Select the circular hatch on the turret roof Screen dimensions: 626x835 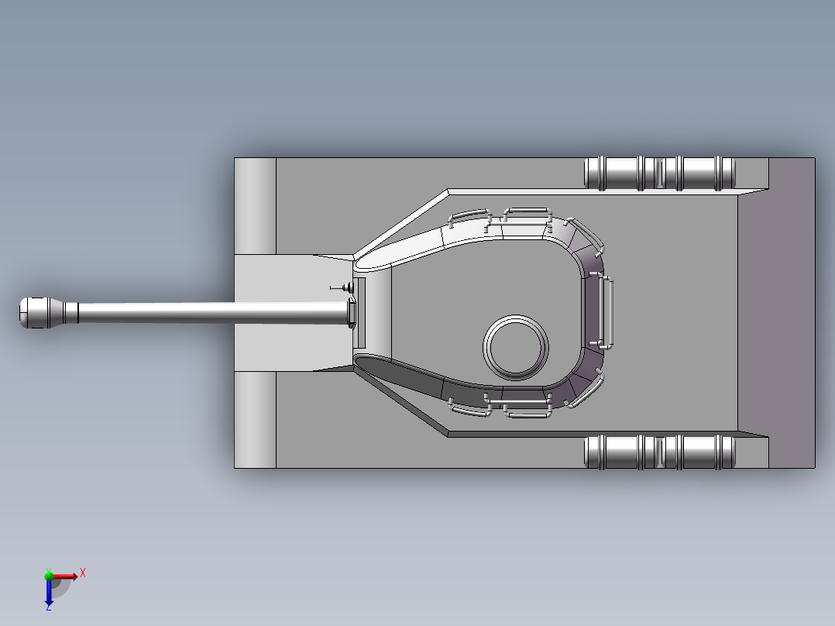point(515,346)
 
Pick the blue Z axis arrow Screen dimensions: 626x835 point(49,593)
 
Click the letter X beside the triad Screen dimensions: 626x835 point(83,573)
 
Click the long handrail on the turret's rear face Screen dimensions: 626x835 point(608,312)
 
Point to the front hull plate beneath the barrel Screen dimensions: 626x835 point(271,349)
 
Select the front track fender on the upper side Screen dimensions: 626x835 point(255,206)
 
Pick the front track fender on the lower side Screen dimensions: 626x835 point(255,419)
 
